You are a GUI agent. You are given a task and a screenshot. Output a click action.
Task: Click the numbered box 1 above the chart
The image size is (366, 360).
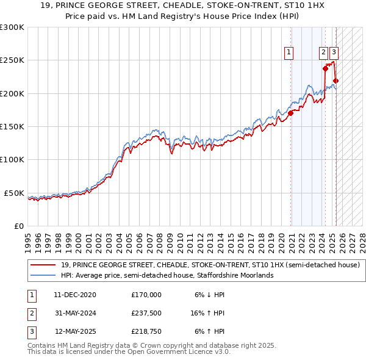click(288, 53)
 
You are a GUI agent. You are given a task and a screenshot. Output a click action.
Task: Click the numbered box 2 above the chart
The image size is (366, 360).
click(324, 53)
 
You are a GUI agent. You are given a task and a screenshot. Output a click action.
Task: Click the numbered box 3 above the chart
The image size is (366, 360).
click(335, 53)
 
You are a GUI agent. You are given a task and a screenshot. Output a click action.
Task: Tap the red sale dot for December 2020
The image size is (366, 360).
click(291, 113)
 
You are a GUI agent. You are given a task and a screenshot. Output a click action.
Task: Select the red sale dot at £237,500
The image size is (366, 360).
click(325, 68)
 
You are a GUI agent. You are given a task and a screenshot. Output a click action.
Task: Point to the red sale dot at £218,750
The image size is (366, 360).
click(335, 81)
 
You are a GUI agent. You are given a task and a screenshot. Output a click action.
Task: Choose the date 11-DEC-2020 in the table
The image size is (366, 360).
click(75, 294)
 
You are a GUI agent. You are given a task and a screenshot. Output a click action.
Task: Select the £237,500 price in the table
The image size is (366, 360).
click(146, 313)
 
